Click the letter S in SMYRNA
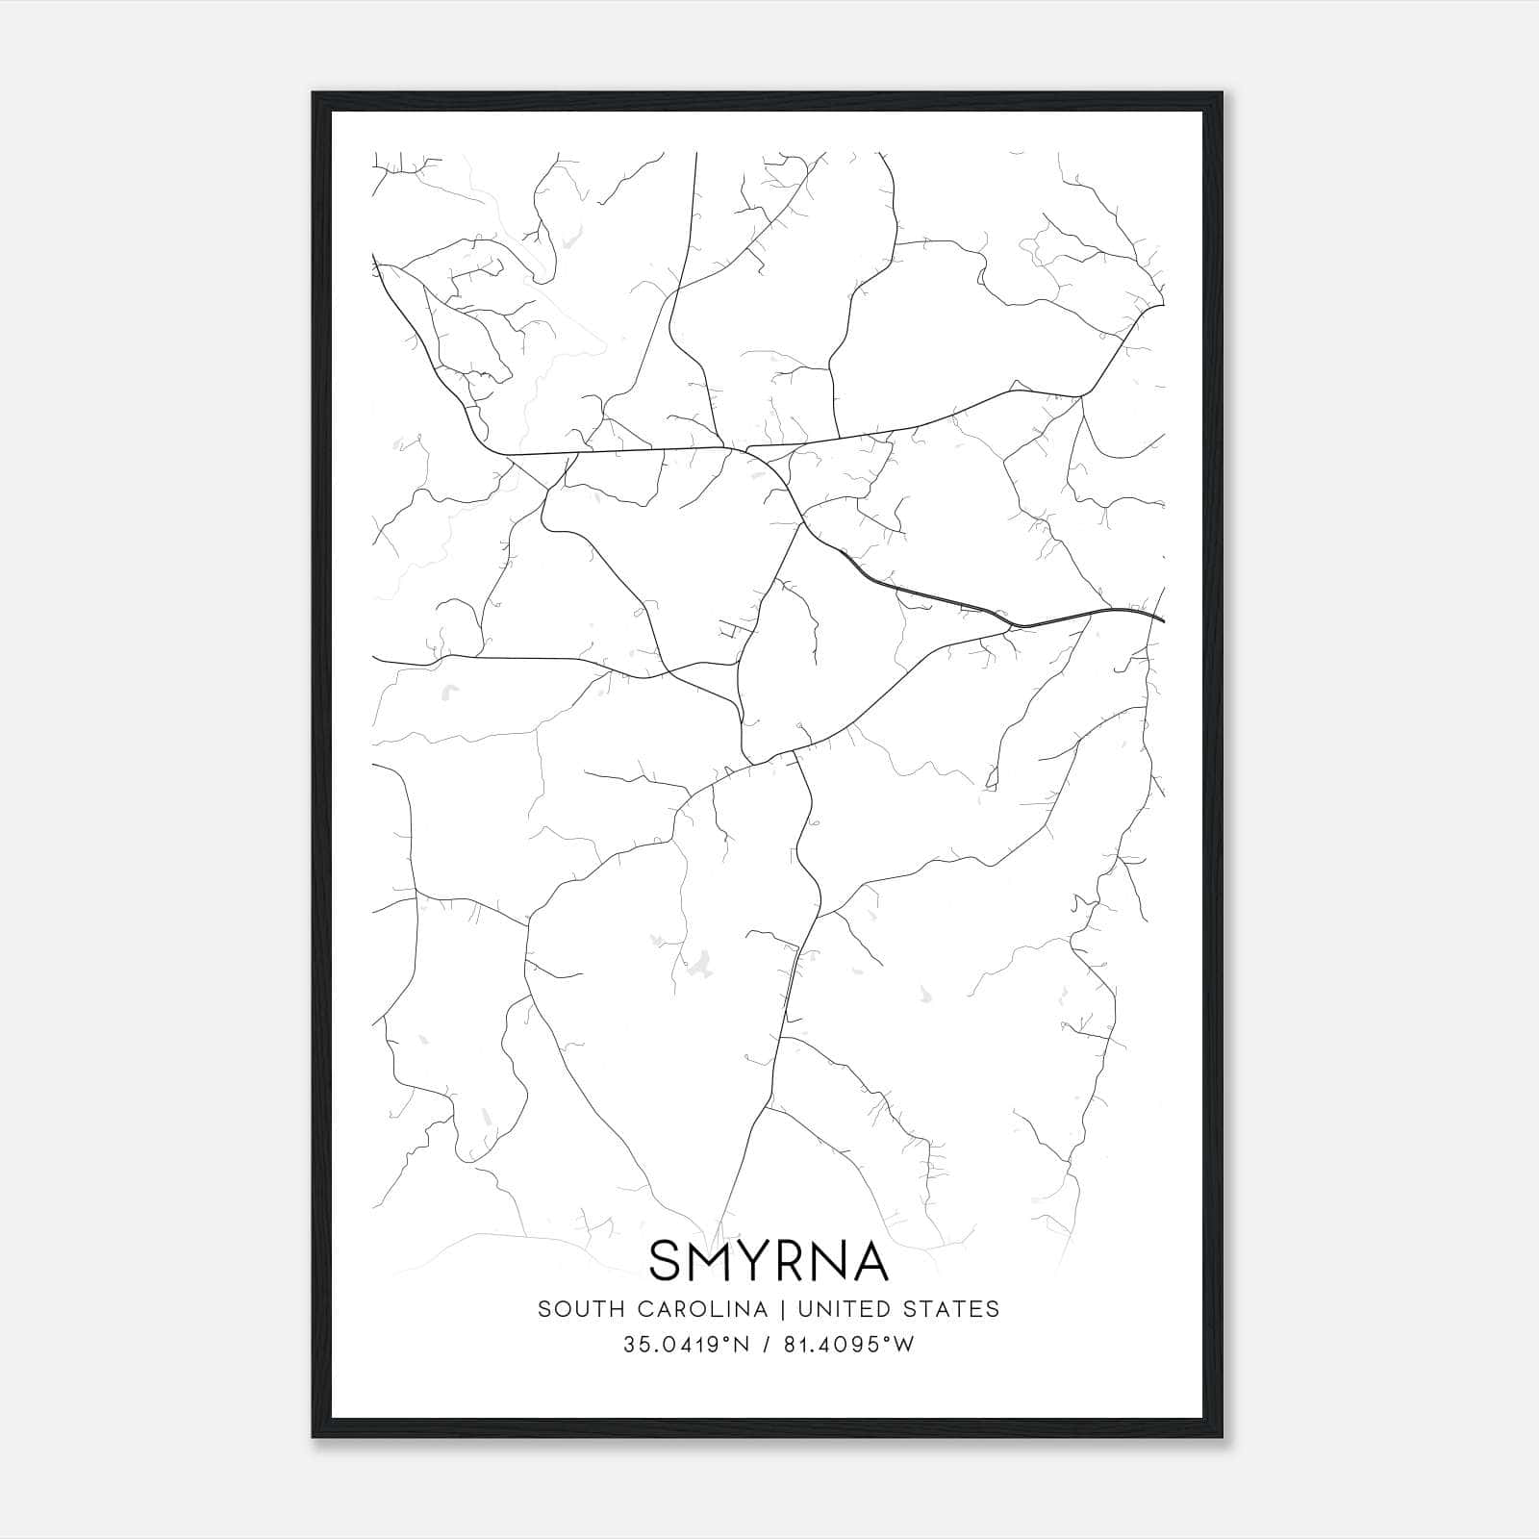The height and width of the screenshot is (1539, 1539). tap(667, 1261)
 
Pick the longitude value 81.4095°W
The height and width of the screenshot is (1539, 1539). tap(849, 1345)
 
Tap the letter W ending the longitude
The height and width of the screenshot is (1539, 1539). tap(905, 1345)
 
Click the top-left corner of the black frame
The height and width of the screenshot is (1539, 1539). tap(314, 93)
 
